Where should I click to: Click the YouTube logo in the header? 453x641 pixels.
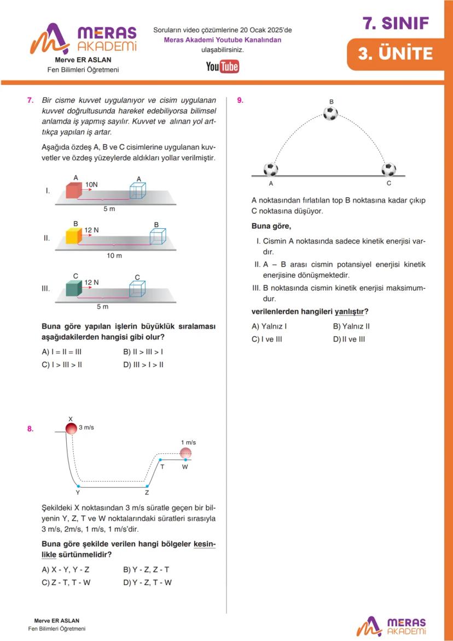pyautogui.click(x=222, y=67)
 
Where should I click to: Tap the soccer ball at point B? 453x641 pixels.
pyautogui.click(x=330, y=113)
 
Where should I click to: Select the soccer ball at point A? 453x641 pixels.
pyautogui.click(x=271, y=169)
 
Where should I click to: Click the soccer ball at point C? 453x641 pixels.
pyautogui.click(x=389, y=169)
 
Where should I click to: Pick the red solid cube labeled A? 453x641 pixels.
pyautogui.click(x=74, y=190)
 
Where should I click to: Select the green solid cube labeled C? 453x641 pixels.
pyautogui.click(x=73, y=288)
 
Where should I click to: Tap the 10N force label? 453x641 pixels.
pyautogui.click(x=91, y=184)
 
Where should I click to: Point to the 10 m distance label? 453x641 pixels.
pyautogui.click(x=114, y=256)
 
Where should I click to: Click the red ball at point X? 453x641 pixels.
pyautogui.click(x=71, y=428)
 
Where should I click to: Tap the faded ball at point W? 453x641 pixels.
pyautogui.click(x=186, y=453)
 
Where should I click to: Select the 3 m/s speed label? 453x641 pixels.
pyautogui.click(x=87, y=427)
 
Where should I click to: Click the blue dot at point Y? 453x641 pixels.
pyautogui.click(x=78, y=486)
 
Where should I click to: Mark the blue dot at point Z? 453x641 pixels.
pyautogui.click(x=147, y=486)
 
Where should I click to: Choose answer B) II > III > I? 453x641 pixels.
pyautogui.click(x=143, y=352)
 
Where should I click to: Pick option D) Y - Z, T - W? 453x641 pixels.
pyautogui.click(x=147, y=582)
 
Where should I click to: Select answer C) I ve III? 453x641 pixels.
pyautogui.click(x=267, y=339)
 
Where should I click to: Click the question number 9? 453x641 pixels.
pyautogui.click(x=240, y=100)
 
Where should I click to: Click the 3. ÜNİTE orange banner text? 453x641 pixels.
pyautogui.click(x=396, y=54)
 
